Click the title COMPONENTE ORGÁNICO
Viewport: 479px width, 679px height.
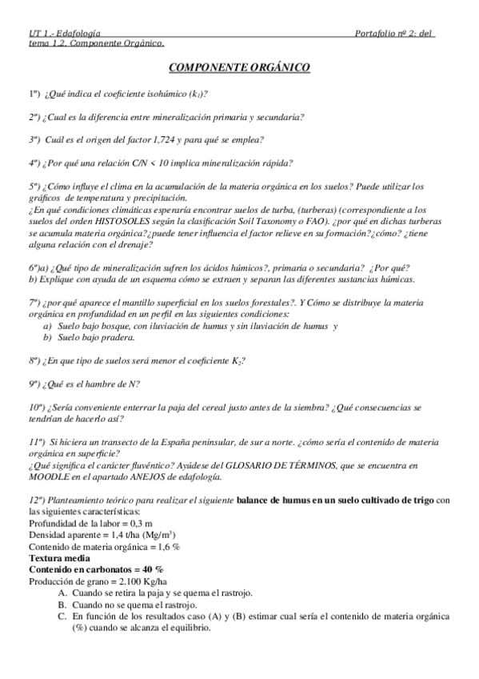(240, 70)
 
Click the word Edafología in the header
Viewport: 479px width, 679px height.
(79, 33)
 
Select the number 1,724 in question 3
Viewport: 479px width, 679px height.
(163, 139)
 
